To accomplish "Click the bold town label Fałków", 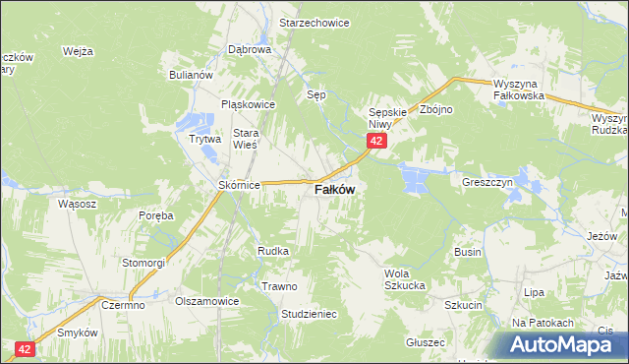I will tap(334, 190).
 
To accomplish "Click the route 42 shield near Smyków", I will tap(26, 348).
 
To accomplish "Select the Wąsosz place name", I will tap(77, 204).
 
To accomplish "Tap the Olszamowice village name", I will tap(207, 302).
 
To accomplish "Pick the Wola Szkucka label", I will tap(404, 278).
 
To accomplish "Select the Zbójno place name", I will tap(435, 109).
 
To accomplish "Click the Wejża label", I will tap(77, 51).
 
